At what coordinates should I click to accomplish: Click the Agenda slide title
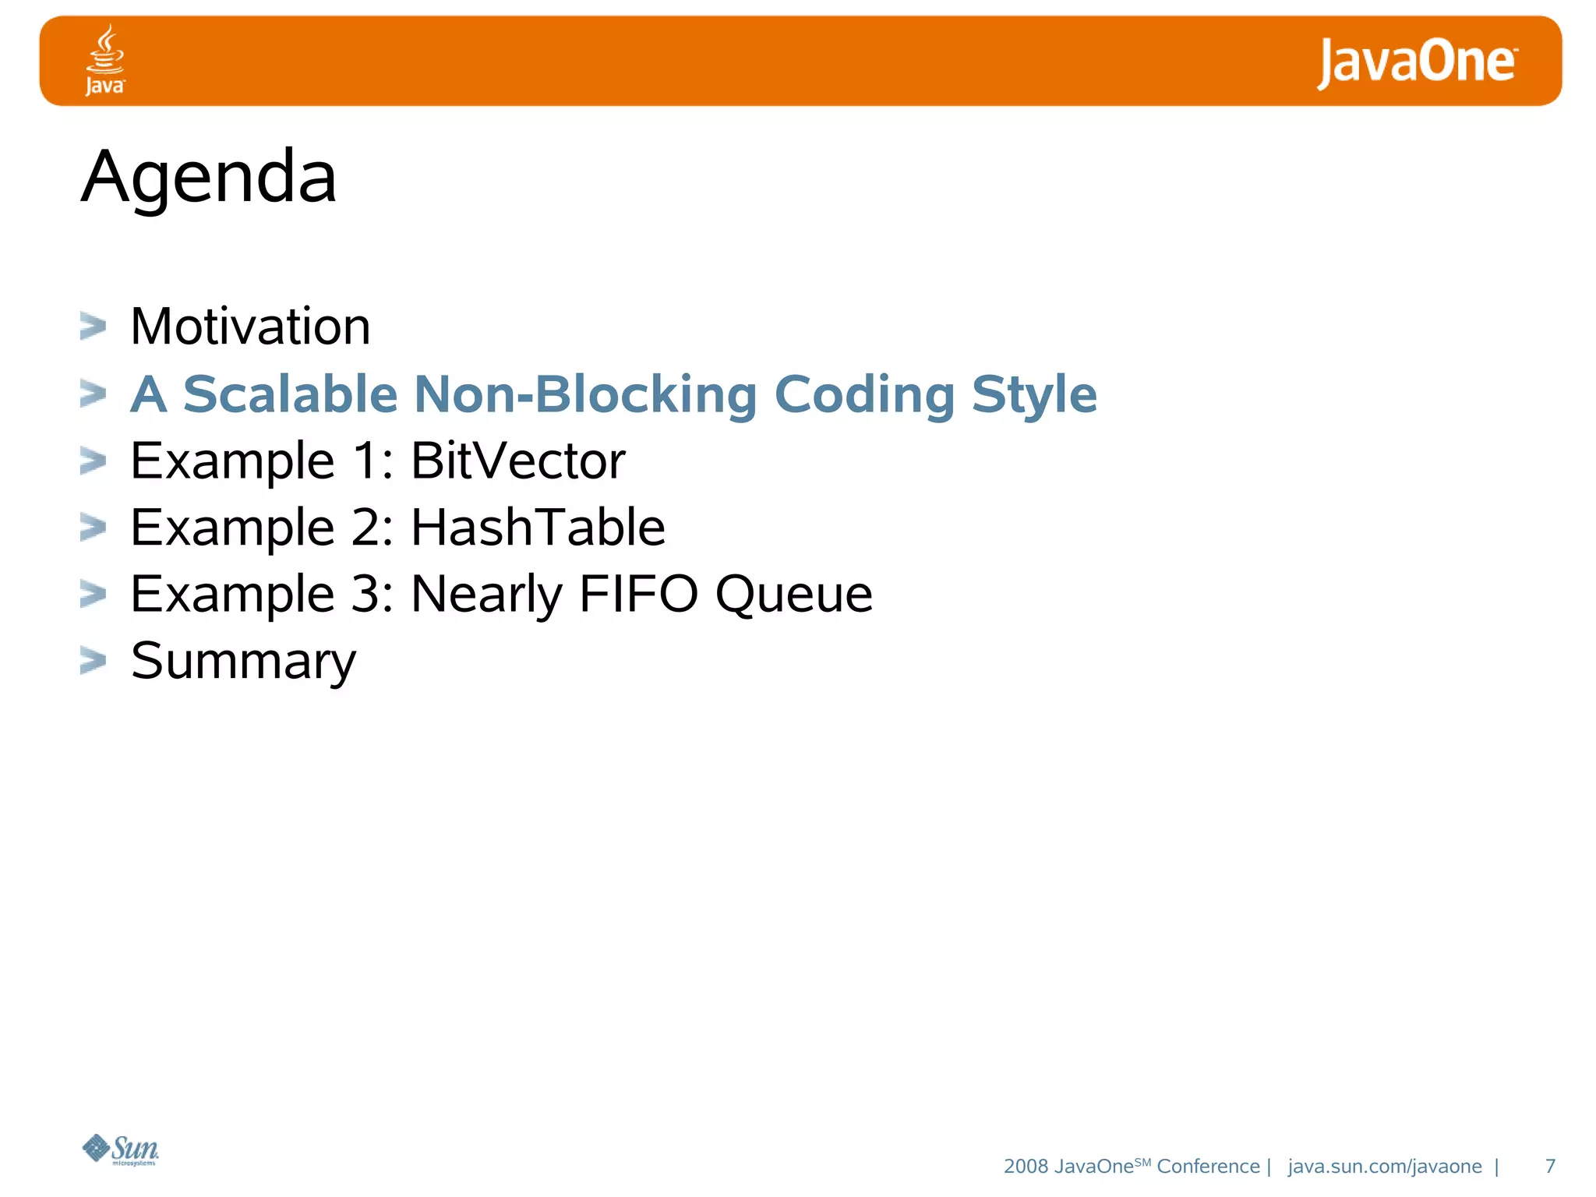(x=209, y=178)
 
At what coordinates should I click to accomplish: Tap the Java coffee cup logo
(x=105, y=60)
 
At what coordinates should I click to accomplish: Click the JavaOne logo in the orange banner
(x=1417, y=62)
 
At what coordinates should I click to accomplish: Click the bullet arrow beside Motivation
(x=93, y=327)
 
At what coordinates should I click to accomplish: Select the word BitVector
(x=517, y=461)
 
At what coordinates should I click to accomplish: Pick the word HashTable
(x=538, y=528)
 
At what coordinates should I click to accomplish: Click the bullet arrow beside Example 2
(x=93, y=528)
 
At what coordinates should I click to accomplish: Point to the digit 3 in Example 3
(x=365, y=595)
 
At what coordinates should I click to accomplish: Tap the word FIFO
(x=638, y=595)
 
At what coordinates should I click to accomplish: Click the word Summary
(x=243, y=662)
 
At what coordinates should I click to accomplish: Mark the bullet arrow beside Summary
(x=93, y=661)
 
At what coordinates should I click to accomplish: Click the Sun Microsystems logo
(x=121, y=1149)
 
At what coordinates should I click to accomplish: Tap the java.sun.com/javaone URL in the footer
(x=1384, y=1166)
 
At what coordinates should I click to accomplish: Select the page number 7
(x=1550, y=1166)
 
